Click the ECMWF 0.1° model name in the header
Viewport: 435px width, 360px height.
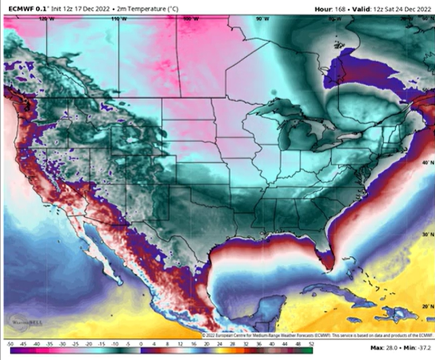click(x=21, y=9)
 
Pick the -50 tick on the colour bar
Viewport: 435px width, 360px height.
click(x=10, y=344)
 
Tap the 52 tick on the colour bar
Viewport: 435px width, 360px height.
click(x=310, y=344)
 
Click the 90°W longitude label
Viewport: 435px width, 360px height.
click(x=261, y=19)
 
